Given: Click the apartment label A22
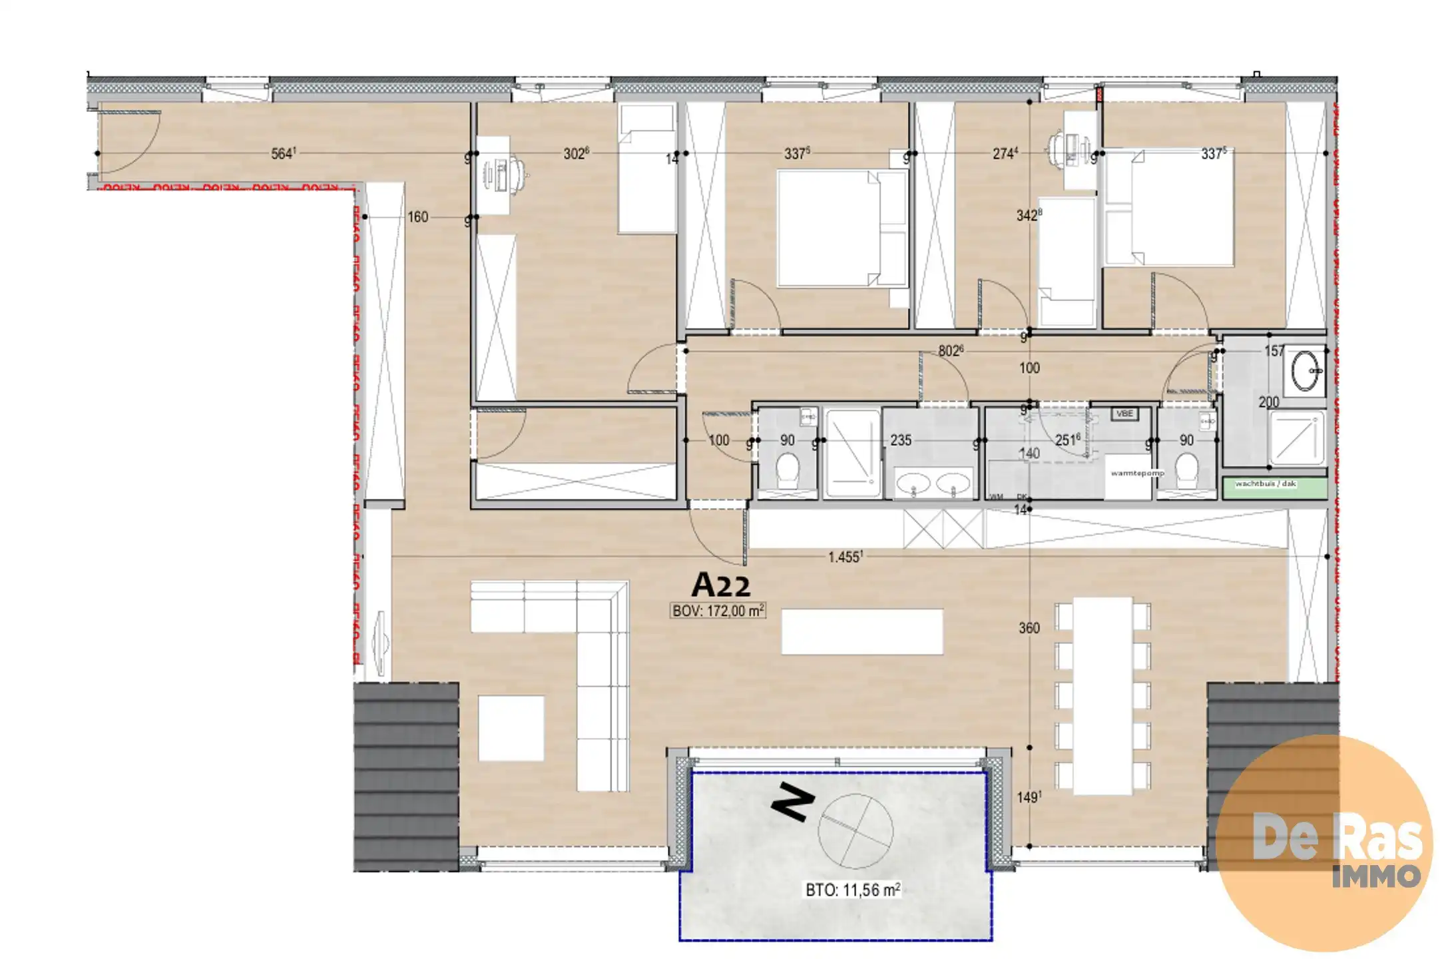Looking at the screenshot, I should pos(721,585).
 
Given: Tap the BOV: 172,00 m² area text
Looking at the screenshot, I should pos(718,610).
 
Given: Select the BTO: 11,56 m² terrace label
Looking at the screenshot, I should pos(853,890).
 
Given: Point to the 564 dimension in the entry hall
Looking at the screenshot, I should pos(283,153).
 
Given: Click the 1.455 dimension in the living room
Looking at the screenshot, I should pos(845,557).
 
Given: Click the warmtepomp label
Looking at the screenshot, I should pos(1137,473).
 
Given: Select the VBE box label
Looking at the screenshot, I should pos(1124,414).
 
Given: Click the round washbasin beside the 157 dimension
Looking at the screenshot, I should pos(1306,370).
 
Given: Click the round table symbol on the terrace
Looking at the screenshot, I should pos(855,832).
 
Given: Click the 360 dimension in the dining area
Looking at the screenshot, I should pos(1029,627).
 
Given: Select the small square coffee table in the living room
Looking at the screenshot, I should pos(511,728).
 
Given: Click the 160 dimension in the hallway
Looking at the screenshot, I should pos(417,217).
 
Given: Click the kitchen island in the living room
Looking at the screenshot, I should pos(862,631).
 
